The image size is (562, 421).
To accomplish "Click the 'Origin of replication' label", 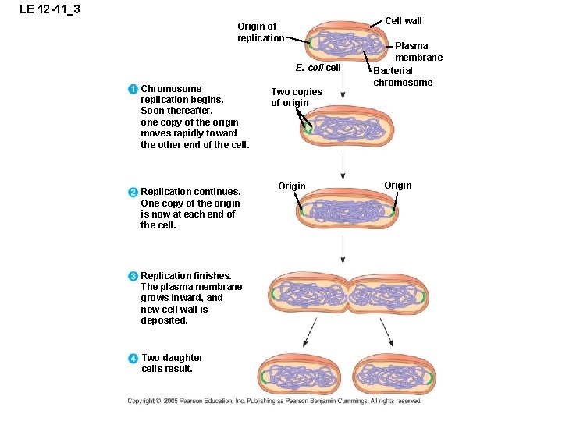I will (261, 32).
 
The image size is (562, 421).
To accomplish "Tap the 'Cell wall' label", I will (404, 20).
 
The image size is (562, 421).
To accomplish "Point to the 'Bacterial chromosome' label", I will (403, 76).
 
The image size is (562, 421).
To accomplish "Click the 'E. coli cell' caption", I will (319, 67).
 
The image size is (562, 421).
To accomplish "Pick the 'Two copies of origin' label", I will (297, 97).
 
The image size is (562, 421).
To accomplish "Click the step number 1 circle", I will (133, 89).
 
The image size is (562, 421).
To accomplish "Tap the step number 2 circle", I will (133, 192).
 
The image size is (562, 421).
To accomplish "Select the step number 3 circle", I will (133, 276).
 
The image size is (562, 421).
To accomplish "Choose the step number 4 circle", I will (133, 358).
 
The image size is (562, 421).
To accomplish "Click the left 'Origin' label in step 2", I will (292, 186).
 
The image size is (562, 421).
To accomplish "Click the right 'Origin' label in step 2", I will (398, 185).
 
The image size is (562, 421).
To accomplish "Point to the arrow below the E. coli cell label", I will (343, 86).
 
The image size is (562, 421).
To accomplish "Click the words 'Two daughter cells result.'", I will (172, 363).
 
